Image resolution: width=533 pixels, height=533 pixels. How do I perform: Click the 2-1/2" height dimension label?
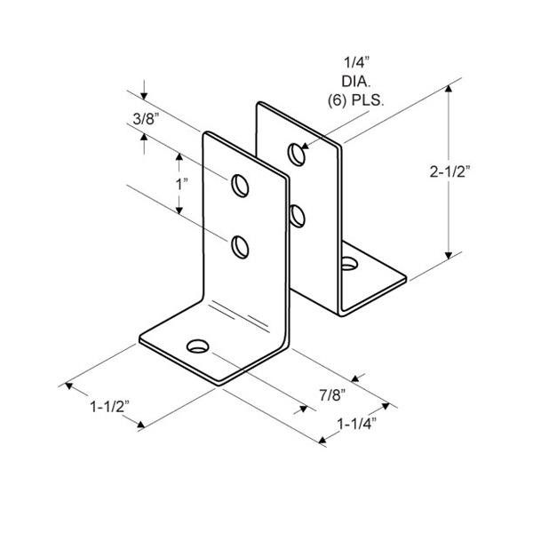(449, 172)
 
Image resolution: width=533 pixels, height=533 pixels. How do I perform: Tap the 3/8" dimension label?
(147, 119)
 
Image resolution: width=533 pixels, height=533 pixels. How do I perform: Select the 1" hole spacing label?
(181, 185)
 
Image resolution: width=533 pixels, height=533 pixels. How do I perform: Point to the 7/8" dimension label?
(332, 395)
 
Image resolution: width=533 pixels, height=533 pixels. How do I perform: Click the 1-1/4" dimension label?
(357, 424)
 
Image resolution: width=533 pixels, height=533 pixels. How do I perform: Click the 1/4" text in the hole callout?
(356, 62)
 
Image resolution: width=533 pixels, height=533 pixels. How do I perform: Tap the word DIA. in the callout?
(356, 82)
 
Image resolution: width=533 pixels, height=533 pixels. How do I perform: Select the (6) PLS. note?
(356, 100)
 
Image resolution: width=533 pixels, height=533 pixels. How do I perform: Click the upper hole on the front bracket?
(240, 186)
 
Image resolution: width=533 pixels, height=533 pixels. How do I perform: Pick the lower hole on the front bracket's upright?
(240, 247)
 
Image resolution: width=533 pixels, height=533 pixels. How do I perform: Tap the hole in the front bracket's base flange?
(197, 346)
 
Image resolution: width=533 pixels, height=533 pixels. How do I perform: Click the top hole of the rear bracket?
(297, 155)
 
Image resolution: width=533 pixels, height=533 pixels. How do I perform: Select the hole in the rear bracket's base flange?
(350, 264)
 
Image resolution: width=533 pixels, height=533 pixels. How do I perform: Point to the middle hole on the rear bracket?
(297, 216)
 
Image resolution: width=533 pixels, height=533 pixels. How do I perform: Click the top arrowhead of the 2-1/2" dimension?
(449, 88)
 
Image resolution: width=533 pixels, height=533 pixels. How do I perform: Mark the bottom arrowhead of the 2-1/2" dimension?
(449, 256)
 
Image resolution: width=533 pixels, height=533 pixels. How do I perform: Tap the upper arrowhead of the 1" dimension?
(179, 156)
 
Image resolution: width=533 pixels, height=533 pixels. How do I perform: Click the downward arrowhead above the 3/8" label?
(144, 96)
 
